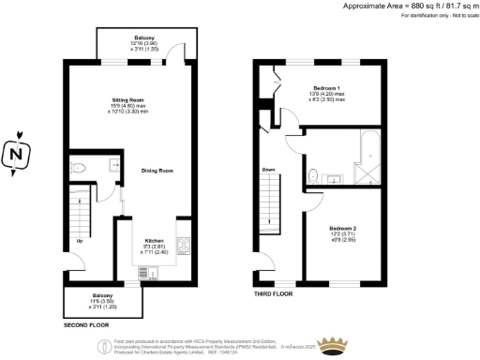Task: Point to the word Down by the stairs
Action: pos(269,170)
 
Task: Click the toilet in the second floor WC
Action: pos(80,169)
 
